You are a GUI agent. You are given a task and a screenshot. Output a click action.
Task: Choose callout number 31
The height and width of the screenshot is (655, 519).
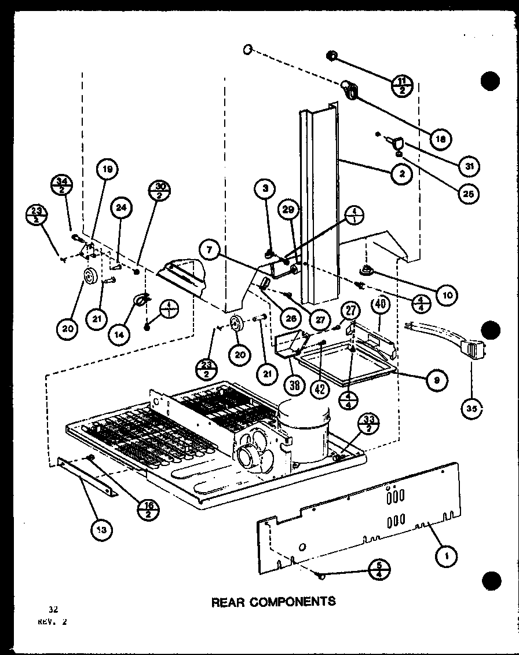point(465,165)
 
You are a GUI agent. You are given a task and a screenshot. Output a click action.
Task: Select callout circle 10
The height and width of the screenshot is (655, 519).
point(447,295)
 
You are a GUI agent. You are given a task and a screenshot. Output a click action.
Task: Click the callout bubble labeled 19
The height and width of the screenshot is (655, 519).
point(107,170)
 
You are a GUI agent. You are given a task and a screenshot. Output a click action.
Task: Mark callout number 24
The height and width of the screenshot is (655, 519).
point(124,208)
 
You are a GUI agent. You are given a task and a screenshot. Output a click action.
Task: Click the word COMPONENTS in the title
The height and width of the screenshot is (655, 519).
point(293,602)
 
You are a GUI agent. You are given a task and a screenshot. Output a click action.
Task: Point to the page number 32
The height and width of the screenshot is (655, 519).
point(53,609)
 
